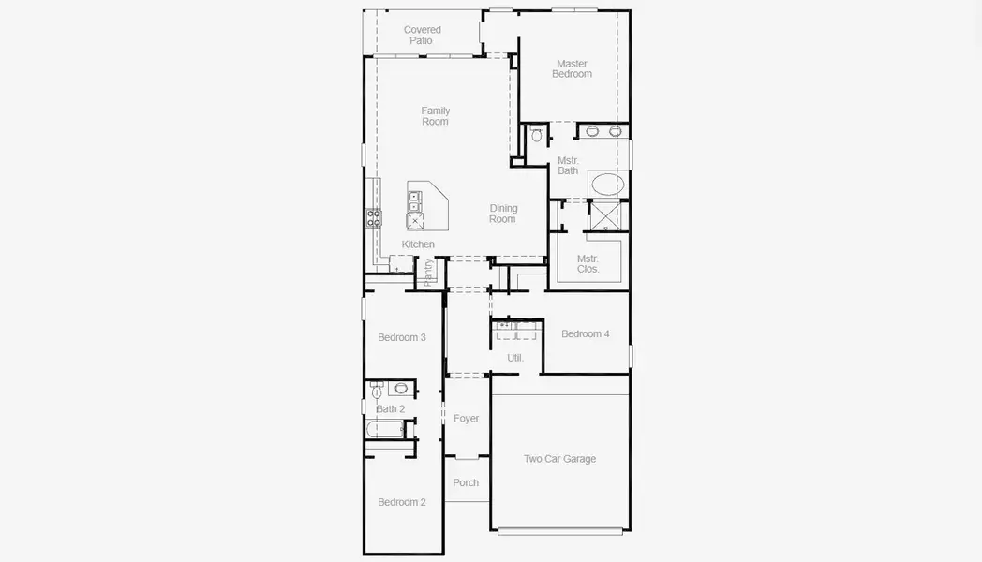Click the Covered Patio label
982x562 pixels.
click(x=422, y=36)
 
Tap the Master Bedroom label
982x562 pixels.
click(x=572, y=69)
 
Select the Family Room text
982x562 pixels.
click(x=435, y=116)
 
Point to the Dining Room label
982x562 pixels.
click(x=503, y=214)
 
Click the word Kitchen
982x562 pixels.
click(x=418, y=244)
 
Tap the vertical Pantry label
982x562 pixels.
click(x=429, y=272)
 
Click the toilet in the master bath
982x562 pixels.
click(x=537, y=135)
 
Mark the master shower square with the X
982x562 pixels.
click(x=605, y=217)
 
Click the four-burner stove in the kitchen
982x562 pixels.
click(x=374, y=218)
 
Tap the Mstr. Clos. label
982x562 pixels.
click(x=588, y=263)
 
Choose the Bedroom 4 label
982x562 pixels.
click(x=585, y=334)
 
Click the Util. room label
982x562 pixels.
click(x=515, y=358)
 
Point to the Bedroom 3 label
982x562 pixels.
click(x=402, y=337)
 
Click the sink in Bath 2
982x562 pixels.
click(x=401, y=388)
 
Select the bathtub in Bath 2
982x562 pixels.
click(x=385, y=430)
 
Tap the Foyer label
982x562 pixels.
click(x=466, y=419)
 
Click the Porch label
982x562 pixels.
click(x=466, y=483)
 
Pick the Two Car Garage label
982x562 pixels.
click(x=559, y=459)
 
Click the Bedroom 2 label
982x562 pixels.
click(x=402, y=502)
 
